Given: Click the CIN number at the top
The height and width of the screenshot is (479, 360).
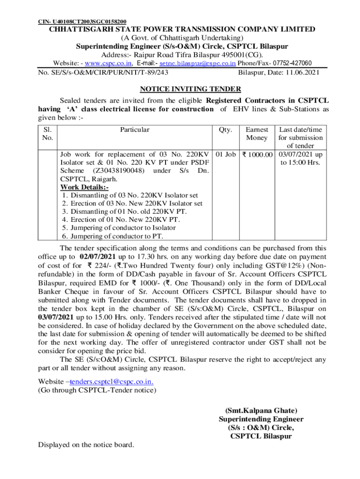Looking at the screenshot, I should coord(82,22).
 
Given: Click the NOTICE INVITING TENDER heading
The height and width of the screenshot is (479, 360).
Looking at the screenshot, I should coord(190,89).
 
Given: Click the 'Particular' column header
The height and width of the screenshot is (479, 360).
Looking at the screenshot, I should coord(135,130).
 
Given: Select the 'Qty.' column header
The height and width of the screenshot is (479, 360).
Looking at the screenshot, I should coord(225,130).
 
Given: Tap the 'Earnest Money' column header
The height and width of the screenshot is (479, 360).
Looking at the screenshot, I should coord(257,134).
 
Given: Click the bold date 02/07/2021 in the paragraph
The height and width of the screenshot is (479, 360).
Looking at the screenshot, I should coord(98,257).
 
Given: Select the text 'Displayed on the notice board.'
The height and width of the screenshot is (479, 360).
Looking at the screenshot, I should coord(86,444).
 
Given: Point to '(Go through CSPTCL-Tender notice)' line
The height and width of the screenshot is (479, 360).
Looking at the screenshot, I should coord(97,390).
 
